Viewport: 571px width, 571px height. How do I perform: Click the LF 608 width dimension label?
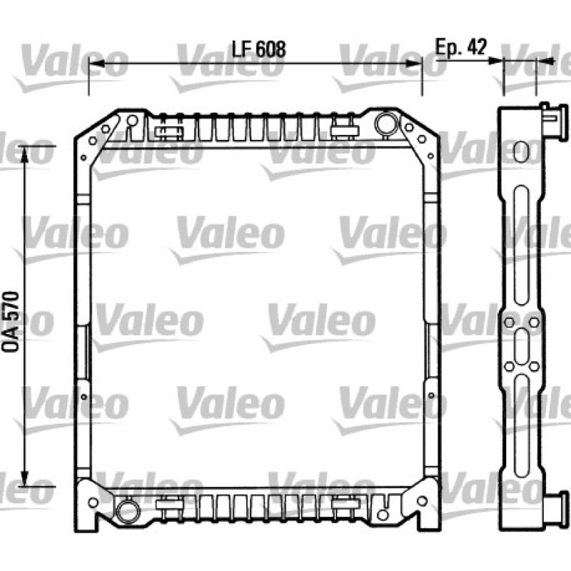click(259, 49)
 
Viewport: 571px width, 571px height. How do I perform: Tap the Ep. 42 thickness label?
click(461, 47)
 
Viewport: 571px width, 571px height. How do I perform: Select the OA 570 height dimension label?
click(11, 321)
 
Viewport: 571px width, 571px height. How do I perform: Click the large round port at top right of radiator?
click(386, 123)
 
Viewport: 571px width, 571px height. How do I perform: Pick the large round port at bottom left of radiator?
click(128, 511)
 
